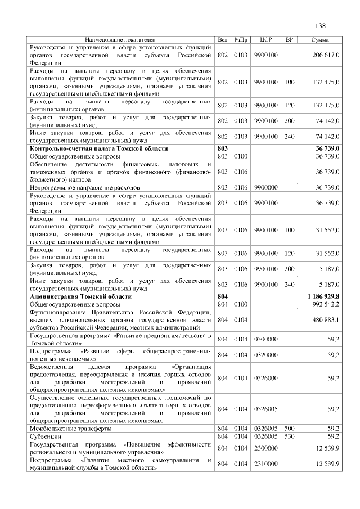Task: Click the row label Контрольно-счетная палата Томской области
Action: tap(98, 147)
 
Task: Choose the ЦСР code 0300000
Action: tap(266, 339)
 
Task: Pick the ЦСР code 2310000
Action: tap(266, 464)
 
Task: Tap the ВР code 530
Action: tap(290, 436)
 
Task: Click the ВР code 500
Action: tap(290, 428)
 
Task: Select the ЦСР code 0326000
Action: tap(266, 378)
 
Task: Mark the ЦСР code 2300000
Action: tap(266, 448)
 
